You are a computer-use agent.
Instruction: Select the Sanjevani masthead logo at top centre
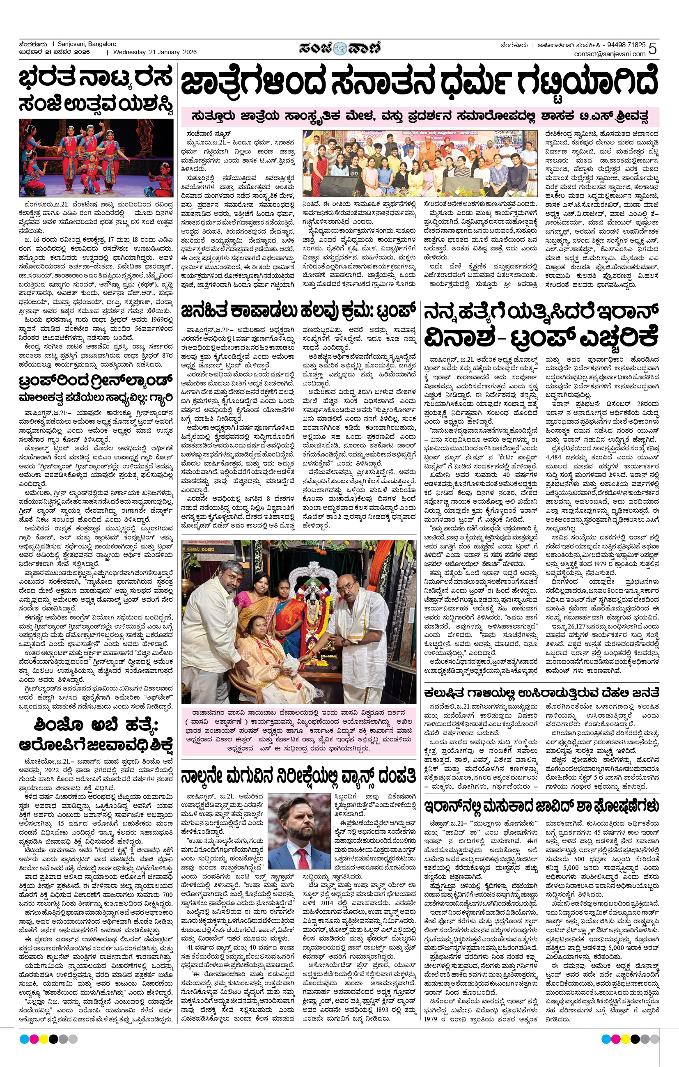pos(339,48)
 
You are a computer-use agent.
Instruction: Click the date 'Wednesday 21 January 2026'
pos(155,52)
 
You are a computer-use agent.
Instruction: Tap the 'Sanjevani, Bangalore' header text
pos(87,44)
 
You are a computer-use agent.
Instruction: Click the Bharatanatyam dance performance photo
pos(96,158)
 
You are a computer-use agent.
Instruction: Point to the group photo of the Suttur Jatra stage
pos(420,163)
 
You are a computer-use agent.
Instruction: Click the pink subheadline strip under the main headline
pos(419,117)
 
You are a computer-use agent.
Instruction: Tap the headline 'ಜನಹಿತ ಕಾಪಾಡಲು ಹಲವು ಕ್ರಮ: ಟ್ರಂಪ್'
pos(298,311)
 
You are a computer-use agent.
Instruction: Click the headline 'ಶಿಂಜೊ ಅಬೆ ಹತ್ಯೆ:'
pos(96,725)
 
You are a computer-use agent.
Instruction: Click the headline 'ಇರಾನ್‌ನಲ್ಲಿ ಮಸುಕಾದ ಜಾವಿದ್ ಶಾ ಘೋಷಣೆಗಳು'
pos(541,805)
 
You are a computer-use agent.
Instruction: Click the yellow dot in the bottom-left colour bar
pos(44,1039)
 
